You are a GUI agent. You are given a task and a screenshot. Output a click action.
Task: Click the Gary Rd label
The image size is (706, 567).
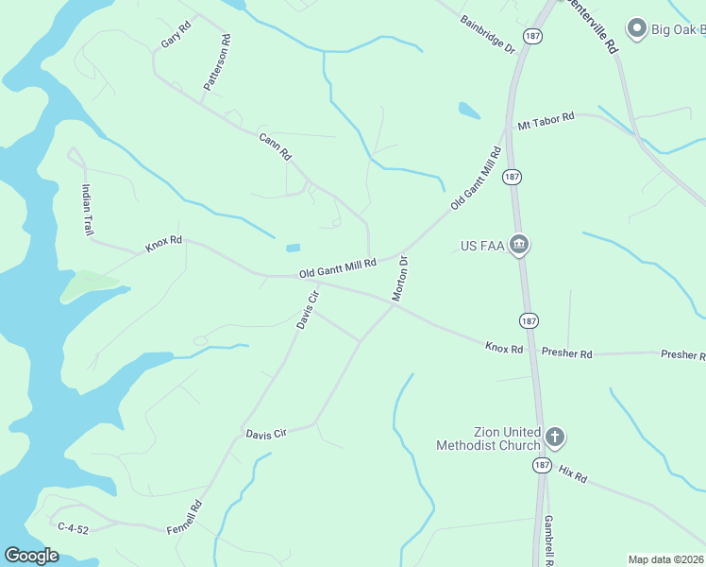(x=176, y=35)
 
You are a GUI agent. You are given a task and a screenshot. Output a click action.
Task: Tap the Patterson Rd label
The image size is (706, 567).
(x=216, y=63)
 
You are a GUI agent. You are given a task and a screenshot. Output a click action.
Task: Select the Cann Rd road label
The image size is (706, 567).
(x=275, y=146)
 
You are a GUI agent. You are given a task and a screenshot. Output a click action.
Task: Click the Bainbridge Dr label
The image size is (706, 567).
(x=487, y=34)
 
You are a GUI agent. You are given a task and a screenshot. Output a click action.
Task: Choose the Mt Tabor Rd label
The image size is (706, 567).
(x=546, y=121)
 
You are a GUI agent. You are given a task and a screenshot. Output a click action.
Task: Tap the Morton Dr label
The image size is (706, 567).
(x=400, y=279)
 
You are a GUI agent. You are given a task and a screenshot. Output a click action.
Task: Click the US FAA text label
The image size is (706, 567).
(x=483, y=246)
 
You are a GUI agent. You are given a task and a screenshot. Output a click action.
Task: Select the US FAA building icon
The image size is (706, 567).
(x=518, y=246)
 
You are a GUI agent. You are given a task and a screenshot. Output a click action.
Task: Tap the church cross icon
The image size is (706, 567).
(x=555, y=438)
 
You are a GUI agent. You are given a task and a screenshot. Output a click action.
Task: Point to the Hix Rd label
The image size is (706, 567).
(x=572, y=474)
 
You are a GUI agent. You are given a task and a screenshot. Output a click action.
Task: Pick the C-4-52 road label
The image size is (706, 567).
(x=73, y=529)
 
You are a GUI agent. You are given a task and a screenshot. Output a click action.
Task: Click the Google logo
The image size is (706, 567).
(x=31, y=556)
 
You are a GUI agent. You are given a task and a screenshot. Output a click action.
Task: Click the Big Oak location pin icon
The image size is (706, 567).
(x=636, y=29)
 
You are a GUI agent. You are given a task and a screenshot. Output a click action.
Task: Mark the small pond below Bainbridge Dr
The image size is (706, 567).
(x=469, y=111)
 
